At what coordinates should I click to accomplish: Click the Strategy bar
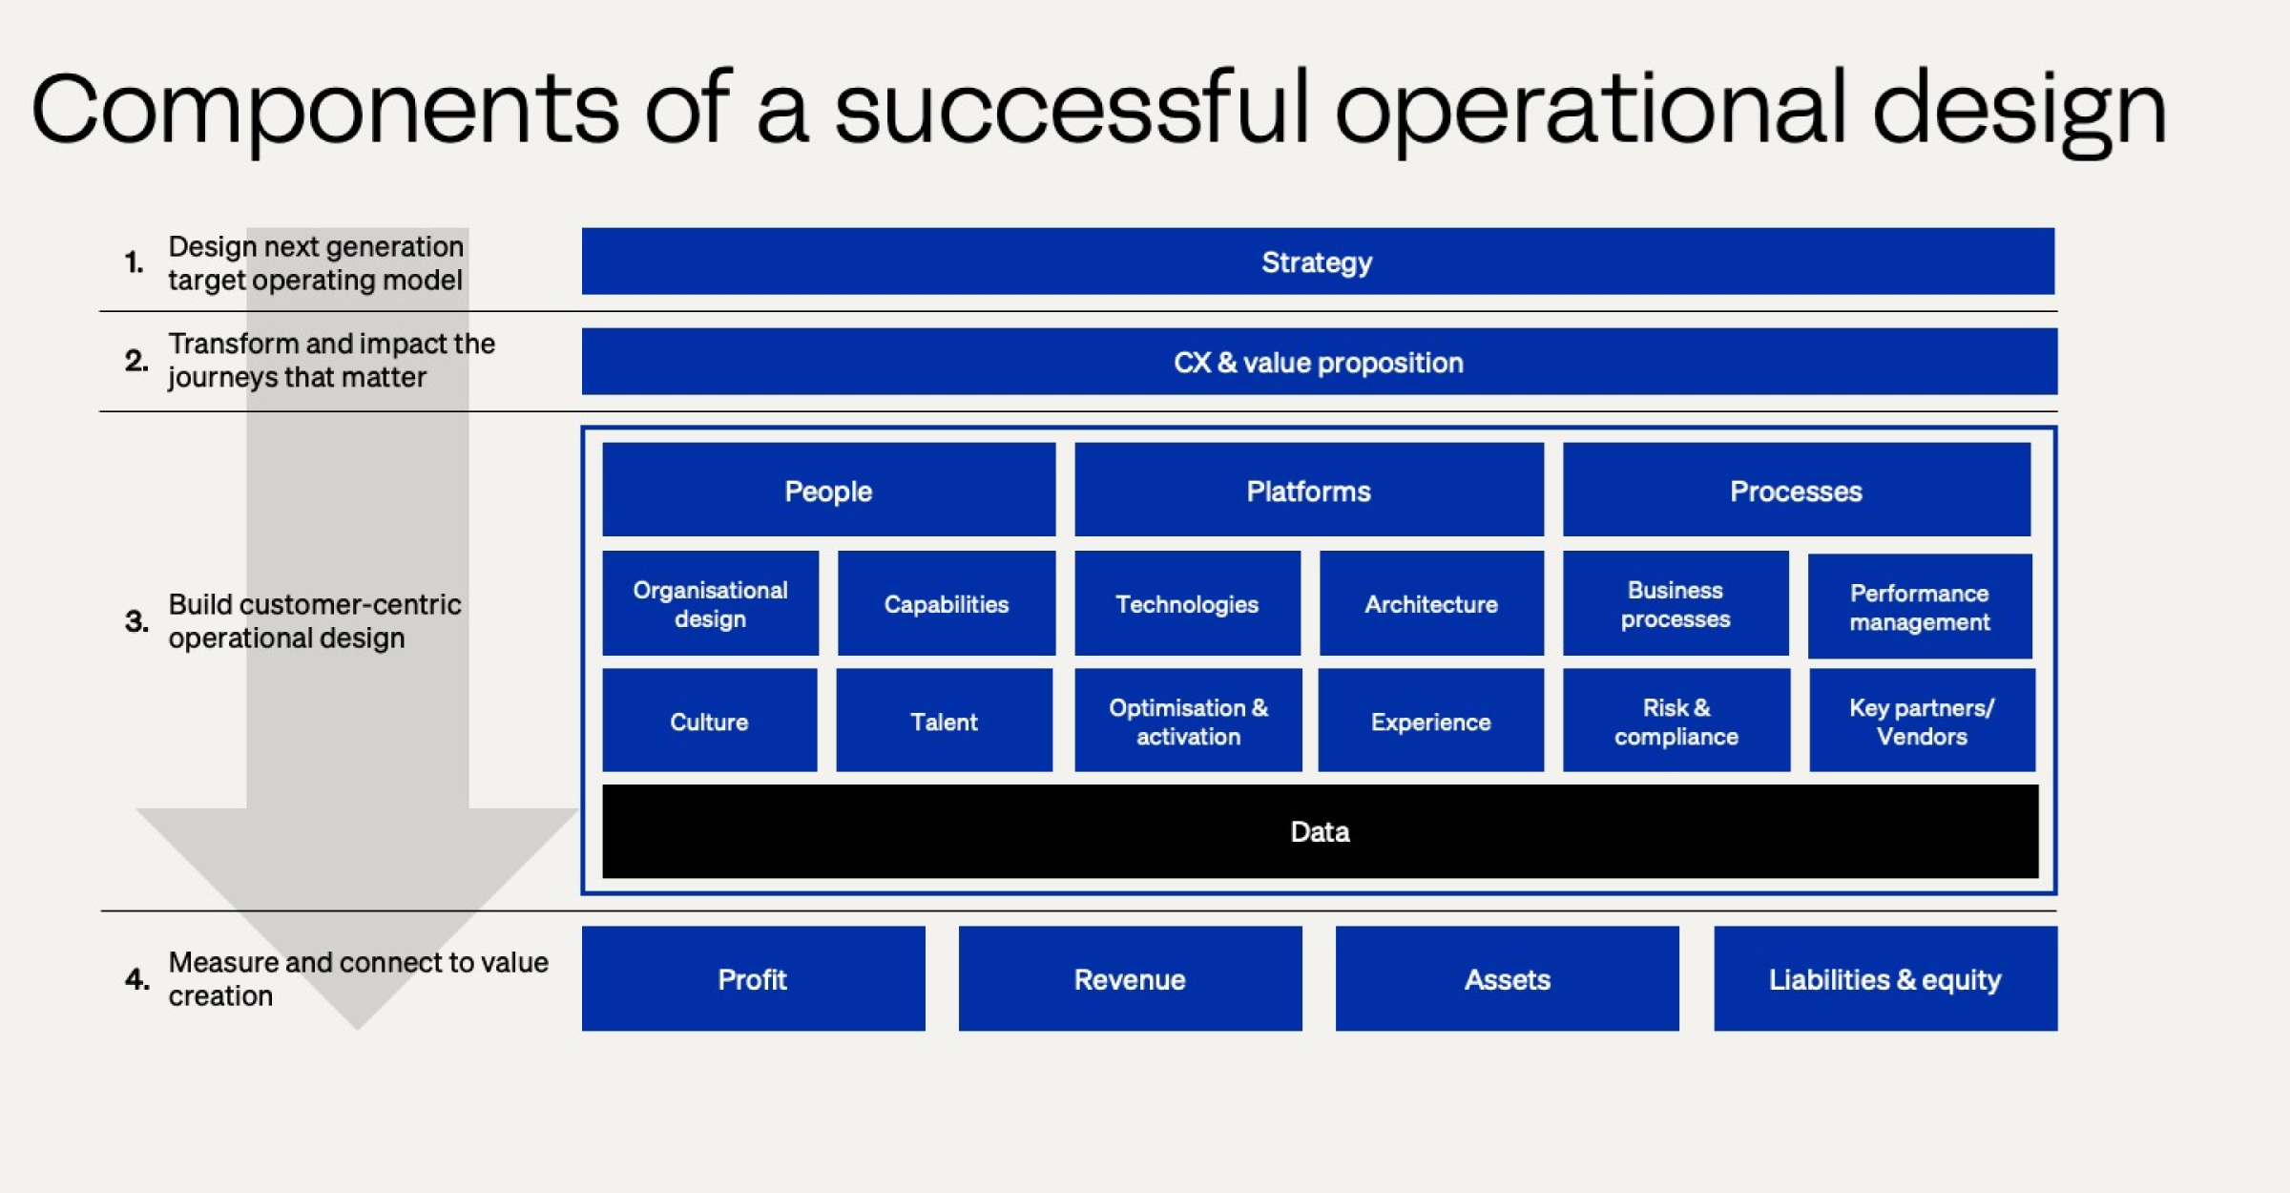click(x=1317, y=261)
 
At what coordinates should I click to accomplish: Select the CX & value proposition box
click(x=1319, y=362)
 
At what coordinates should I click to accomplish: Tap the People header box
click(x=828, y=490)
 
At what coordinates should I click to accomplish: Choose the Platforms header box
click(x=1308, y=490)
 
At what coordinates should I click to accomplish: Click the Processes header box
click(x=1796, y=490)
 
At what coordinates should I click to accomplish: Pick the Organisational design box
click(x=710, y=603)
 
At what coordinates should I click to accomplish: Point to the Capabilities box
click(x=946, y=603)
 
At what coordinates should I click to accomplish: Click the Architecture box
click(x=1430, y=603)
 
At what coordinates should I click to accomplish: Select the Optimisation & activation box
click(x=1188, y=721)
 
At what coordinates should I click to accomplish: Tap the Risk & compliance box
click(x=1676, y=721)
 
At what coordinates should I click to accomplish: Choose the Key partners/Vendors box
click(x=1921, y=721)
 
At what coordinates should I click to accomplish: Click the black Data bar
click(x=1320, y=831)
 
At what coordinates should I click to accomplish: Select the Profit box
click(x=753, y=978)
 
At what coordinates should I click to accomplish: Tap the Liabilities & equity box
click(x=1884, y=978)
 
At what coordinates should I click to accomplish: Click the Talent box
click(x=944, y=721)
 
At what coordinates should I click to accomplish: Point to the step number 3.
click(x=136, y=621)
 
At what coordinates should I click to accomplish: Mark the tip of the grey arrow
click(x=358, y=1027)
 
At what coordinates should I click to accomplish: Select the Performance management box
click(x=1919, y=607)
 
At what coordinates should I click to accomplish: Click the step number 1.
click(x=134, y=262)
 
